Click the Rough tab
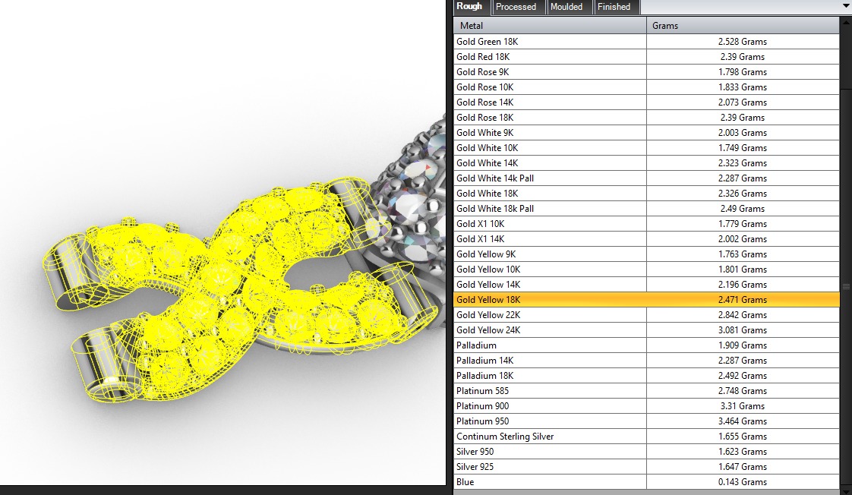coord(469,7)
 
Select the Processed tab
coord(516,7)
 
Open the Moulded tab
coord(566,7)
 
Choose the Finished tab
coord(614,7)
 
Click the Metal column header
coord(472,26)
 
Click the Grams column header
coord(665,26)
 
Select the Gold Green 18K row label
coord(487,42)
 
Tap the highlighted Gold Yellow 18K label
coord(488,300)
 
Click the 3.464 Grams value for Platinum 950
coord(742,421)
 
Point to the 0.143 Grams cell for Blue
coord(742,482)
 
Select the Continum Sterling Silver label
coord(505,437)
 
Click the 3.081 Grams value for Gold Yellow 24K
coord(742,330)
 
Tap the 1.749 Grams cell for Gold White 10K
coord(742,148)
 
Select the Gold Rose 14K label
coord(484,102)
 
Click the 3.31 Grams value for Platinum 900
coord(742,406)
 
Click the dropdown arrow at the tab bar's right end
coord(846,6)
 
